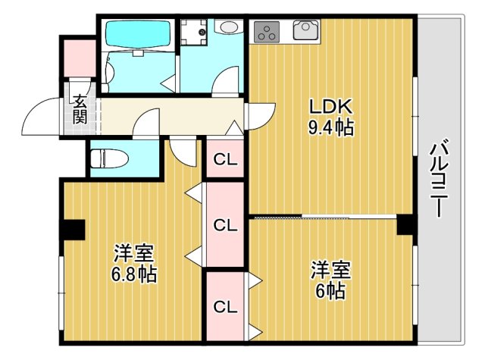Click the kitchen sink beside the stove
(x=305, y=30)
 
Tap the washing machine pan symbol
(x=196, y=33)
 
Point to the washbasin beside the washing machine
(x=227, y=28)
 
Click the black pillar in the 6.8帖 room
(x=73, y=227)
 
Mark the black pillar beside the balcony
(x=405, y=225)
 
